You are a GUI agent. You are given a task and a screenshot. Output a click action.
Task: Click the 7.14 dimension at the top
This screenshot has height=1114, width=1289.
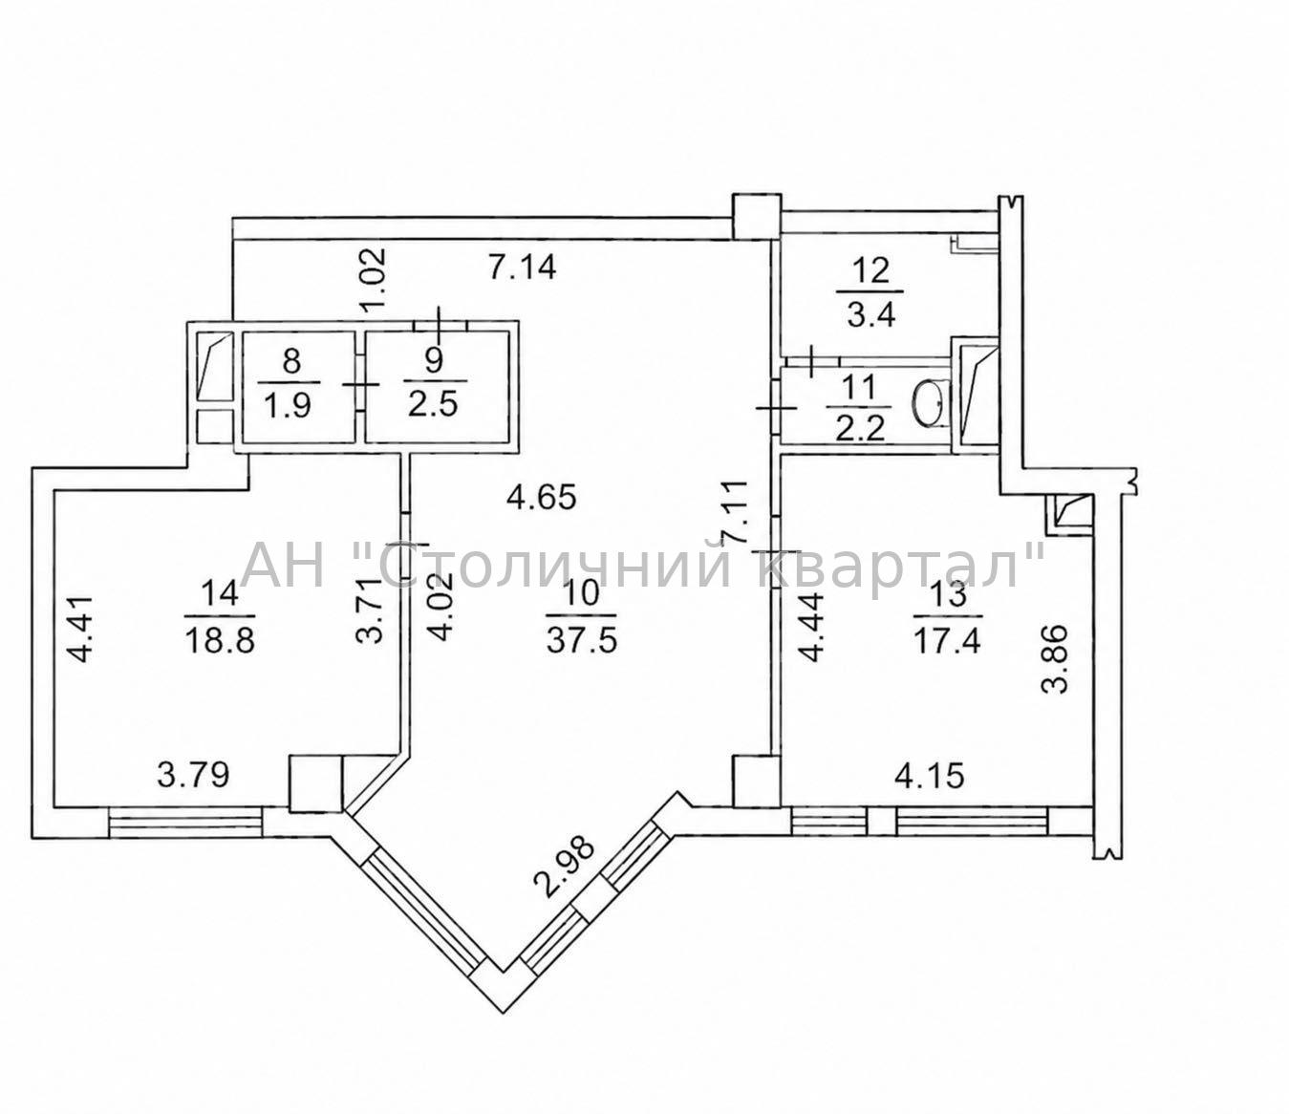point(522,268)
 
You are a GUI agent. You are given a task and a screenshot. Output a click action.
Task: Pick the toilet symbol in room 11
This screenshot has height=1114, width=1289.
point(930,403)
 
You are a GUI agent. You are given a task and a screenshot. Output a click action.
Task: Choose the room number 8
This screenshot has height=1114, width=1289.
point(291,359)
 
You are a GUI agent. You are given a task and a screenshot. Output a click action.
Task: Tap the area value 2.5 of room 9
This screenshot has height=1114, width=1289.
point(433,404)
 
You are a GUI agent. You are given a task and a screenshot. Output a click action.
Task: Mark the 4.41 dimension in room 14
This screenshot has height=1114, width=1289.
point(80,629)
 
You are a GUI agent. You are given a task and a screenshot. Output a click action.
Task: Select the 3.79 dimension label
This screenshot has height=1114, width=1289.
point(194,776)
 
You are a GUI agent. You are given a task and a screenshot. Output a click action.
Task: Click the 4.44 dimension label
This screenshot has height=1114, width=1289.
point(811,628)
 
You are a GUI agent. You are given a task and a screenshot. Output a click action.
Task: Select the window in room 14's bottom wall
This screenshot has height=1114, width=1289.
point(184,821)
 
